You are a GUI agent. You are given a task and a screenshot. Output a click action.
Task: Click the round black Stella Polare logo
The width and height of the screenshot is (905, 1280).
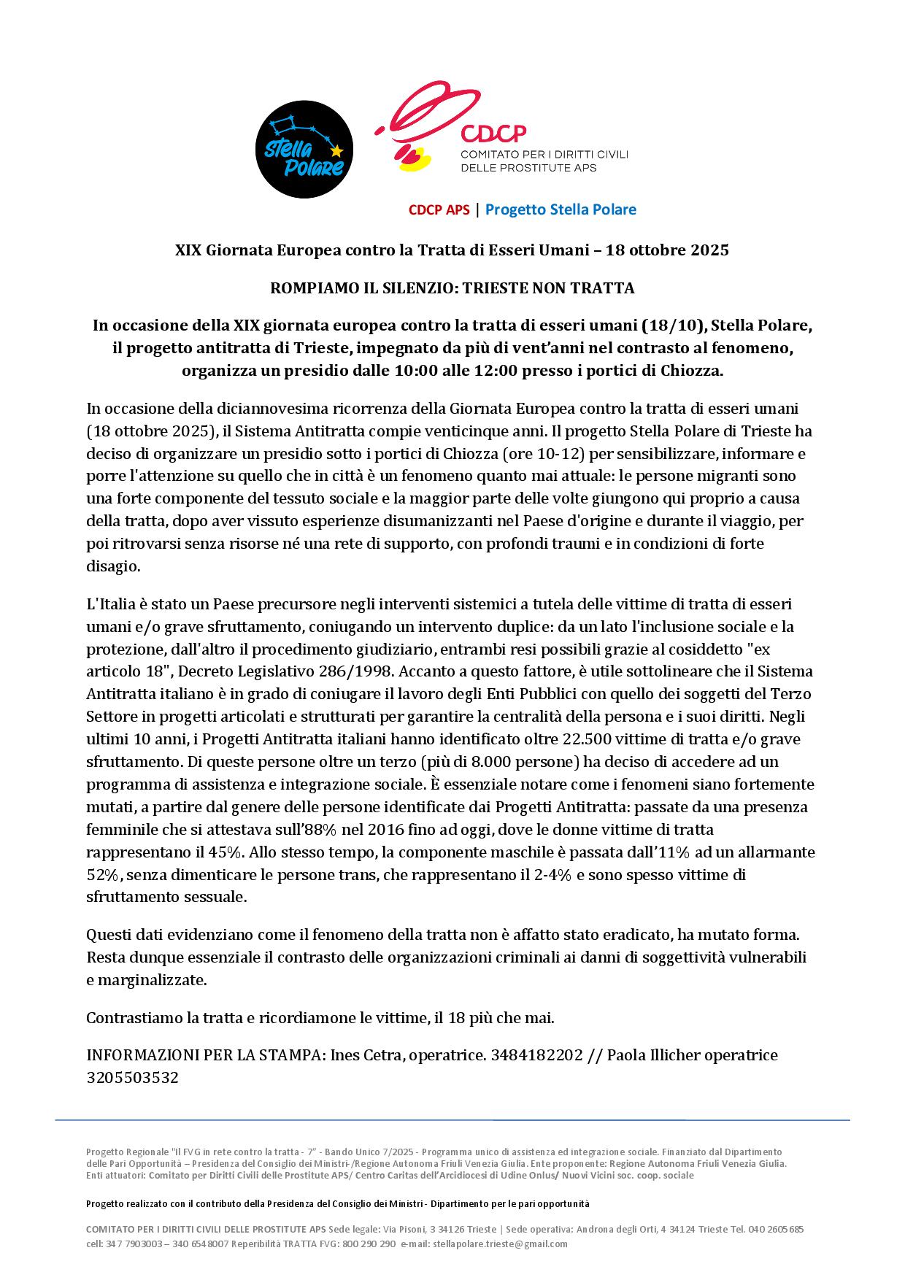click(x=304, y=150)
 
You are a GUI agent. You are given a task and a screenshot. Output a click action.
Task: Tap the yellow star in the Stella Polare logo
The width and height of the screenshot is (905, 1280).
click(x=336, y=152)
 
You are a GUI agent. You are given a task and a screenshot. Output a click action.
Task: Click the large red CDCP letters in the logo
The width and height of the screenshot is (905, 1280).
click(x=493, y=133)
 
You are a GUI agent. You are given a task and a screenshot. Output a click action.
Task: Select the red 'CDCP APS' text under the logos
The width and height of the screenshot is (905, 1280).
click(x=439, y=210)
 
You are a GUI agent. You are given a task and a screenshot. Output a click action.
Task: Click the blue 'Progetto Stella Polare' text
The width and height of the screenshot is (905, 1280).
click(x=561, y=210)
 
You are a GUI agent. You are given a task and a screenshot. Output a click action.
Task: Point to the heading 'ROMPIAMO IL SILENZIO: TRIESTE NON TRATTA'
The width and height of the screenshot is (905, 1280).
click(x=452, y=288)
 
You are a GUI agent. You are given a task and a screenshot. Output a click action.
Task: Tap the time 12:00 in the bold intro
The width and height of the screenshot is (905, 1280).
click(x=495, y=371)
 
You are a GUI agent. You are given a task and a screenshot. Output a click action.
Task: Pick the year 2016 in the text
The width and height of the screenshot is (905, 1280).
click(x=387, y=830)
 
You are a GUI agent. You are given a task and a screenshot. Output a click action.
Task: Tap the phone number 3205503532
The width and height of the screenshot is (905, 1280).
click(x=132, y=1078)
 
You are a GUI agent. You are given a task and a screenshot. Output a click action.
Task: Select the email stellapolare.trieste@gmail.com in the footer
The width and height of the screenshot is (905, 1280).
click(x=500, y=1244)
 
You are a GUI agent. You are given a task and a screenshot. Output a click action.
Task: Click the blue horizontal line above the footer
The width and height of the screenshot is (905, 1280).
click(x=452, y=1120)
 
